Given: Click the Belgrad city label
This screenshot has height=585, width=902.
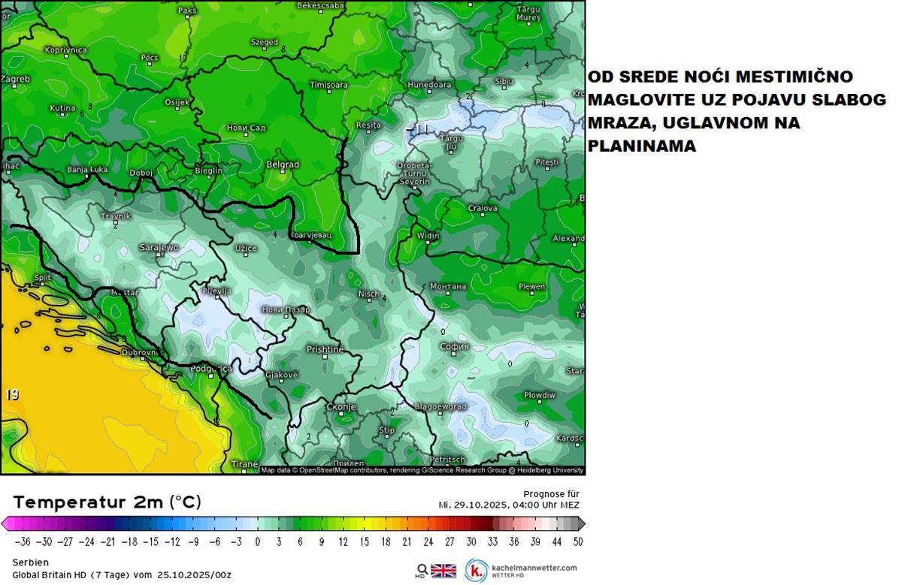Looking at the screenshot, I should (x=283, y=164).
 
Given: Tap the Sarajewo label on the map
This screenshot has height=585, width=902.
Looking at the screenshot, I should (x=159, y=247).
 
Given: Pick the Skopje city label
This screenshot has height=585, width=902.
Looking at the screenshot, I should (x=341, y=407).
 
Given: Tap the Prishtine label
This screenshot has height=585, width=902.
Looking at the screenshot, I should (x=325, y=349).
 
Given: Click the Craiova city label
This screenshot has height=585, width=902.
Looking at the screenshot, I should (x=483, y=208).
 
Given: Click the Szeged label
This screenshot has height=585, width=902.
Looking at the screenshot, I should (x=264, y=43).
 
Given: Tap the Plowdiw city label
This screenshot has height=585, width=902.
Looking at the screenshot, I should (x=539, y=395).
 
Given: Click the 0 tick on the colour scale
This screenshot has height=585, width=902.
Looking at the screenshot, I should (x=257, y=541).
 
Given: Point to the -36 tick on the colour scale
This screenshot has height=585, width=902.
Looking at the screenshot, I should (x=23, y=541).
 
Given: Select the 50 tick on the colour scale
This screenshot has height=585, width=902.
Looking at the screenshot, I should (x=577, y=541).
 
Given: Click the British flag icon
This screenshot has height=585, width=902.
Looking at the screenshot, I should (x=443, y=570).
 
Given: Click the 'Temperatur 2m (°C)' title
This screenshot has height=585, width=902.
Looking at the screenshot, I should (x=107, y=502).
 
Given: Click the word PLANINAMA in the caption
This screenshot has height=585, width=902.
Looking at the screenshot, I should (x=641, y=147).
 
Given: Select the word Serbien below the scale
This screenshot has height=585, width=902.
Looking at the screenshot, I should (x=31, y=562).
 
